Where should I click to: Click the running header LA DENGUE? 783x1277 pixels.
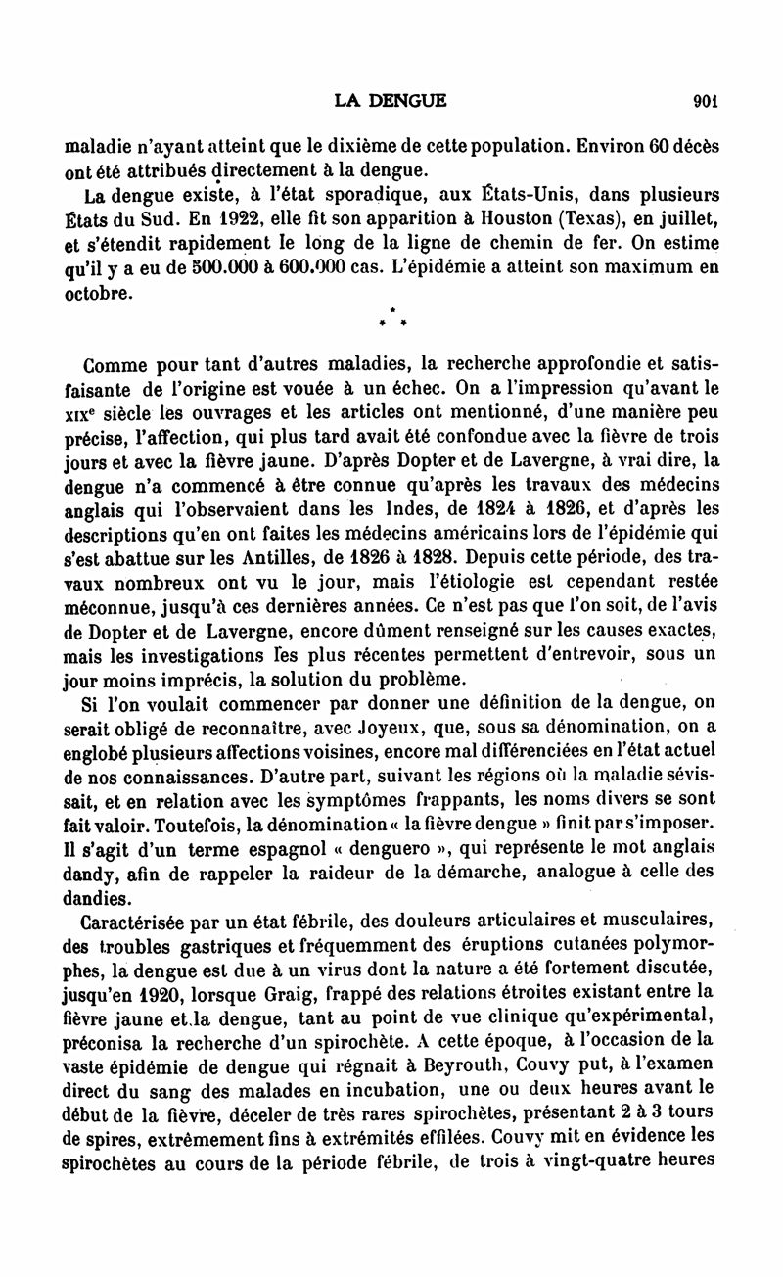tap(390, 99)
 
